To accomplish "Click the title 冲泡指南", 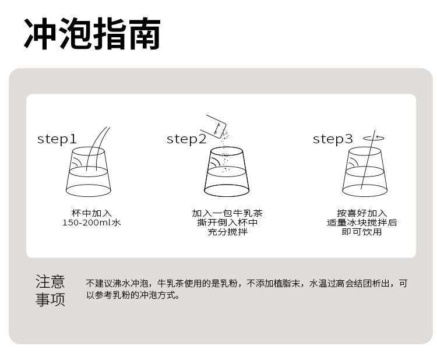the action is coord(92,34).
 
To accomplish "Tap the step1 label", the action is coord(57,139).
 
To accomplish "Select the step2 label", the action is coord(186,139).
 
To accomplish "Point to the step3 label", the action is coord(333,139).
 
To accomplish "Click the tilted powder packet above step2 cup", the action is coord(213,126).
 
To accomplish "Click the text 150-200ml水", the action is coord(91,223).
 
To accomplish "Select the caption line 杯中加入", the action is coord(91,213).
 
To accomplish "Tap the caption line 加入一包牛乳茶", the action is coord(227,213).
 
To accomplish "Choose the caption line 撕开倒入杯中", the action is coord(227,223).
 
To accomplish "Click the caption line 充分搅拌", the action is coord(227,232).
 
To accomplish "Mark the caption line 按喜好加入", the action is coord(362,213).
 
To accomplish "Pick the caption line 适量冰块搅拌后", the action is coord(362,223).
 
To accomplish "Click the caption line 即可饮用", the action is coord(362,232).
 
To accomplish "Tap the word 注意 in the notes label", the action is coord(50,282).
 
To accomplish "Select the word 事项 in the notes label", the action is coord(50,299).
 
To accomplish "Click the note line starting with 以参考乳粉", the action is coord(132,295).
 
